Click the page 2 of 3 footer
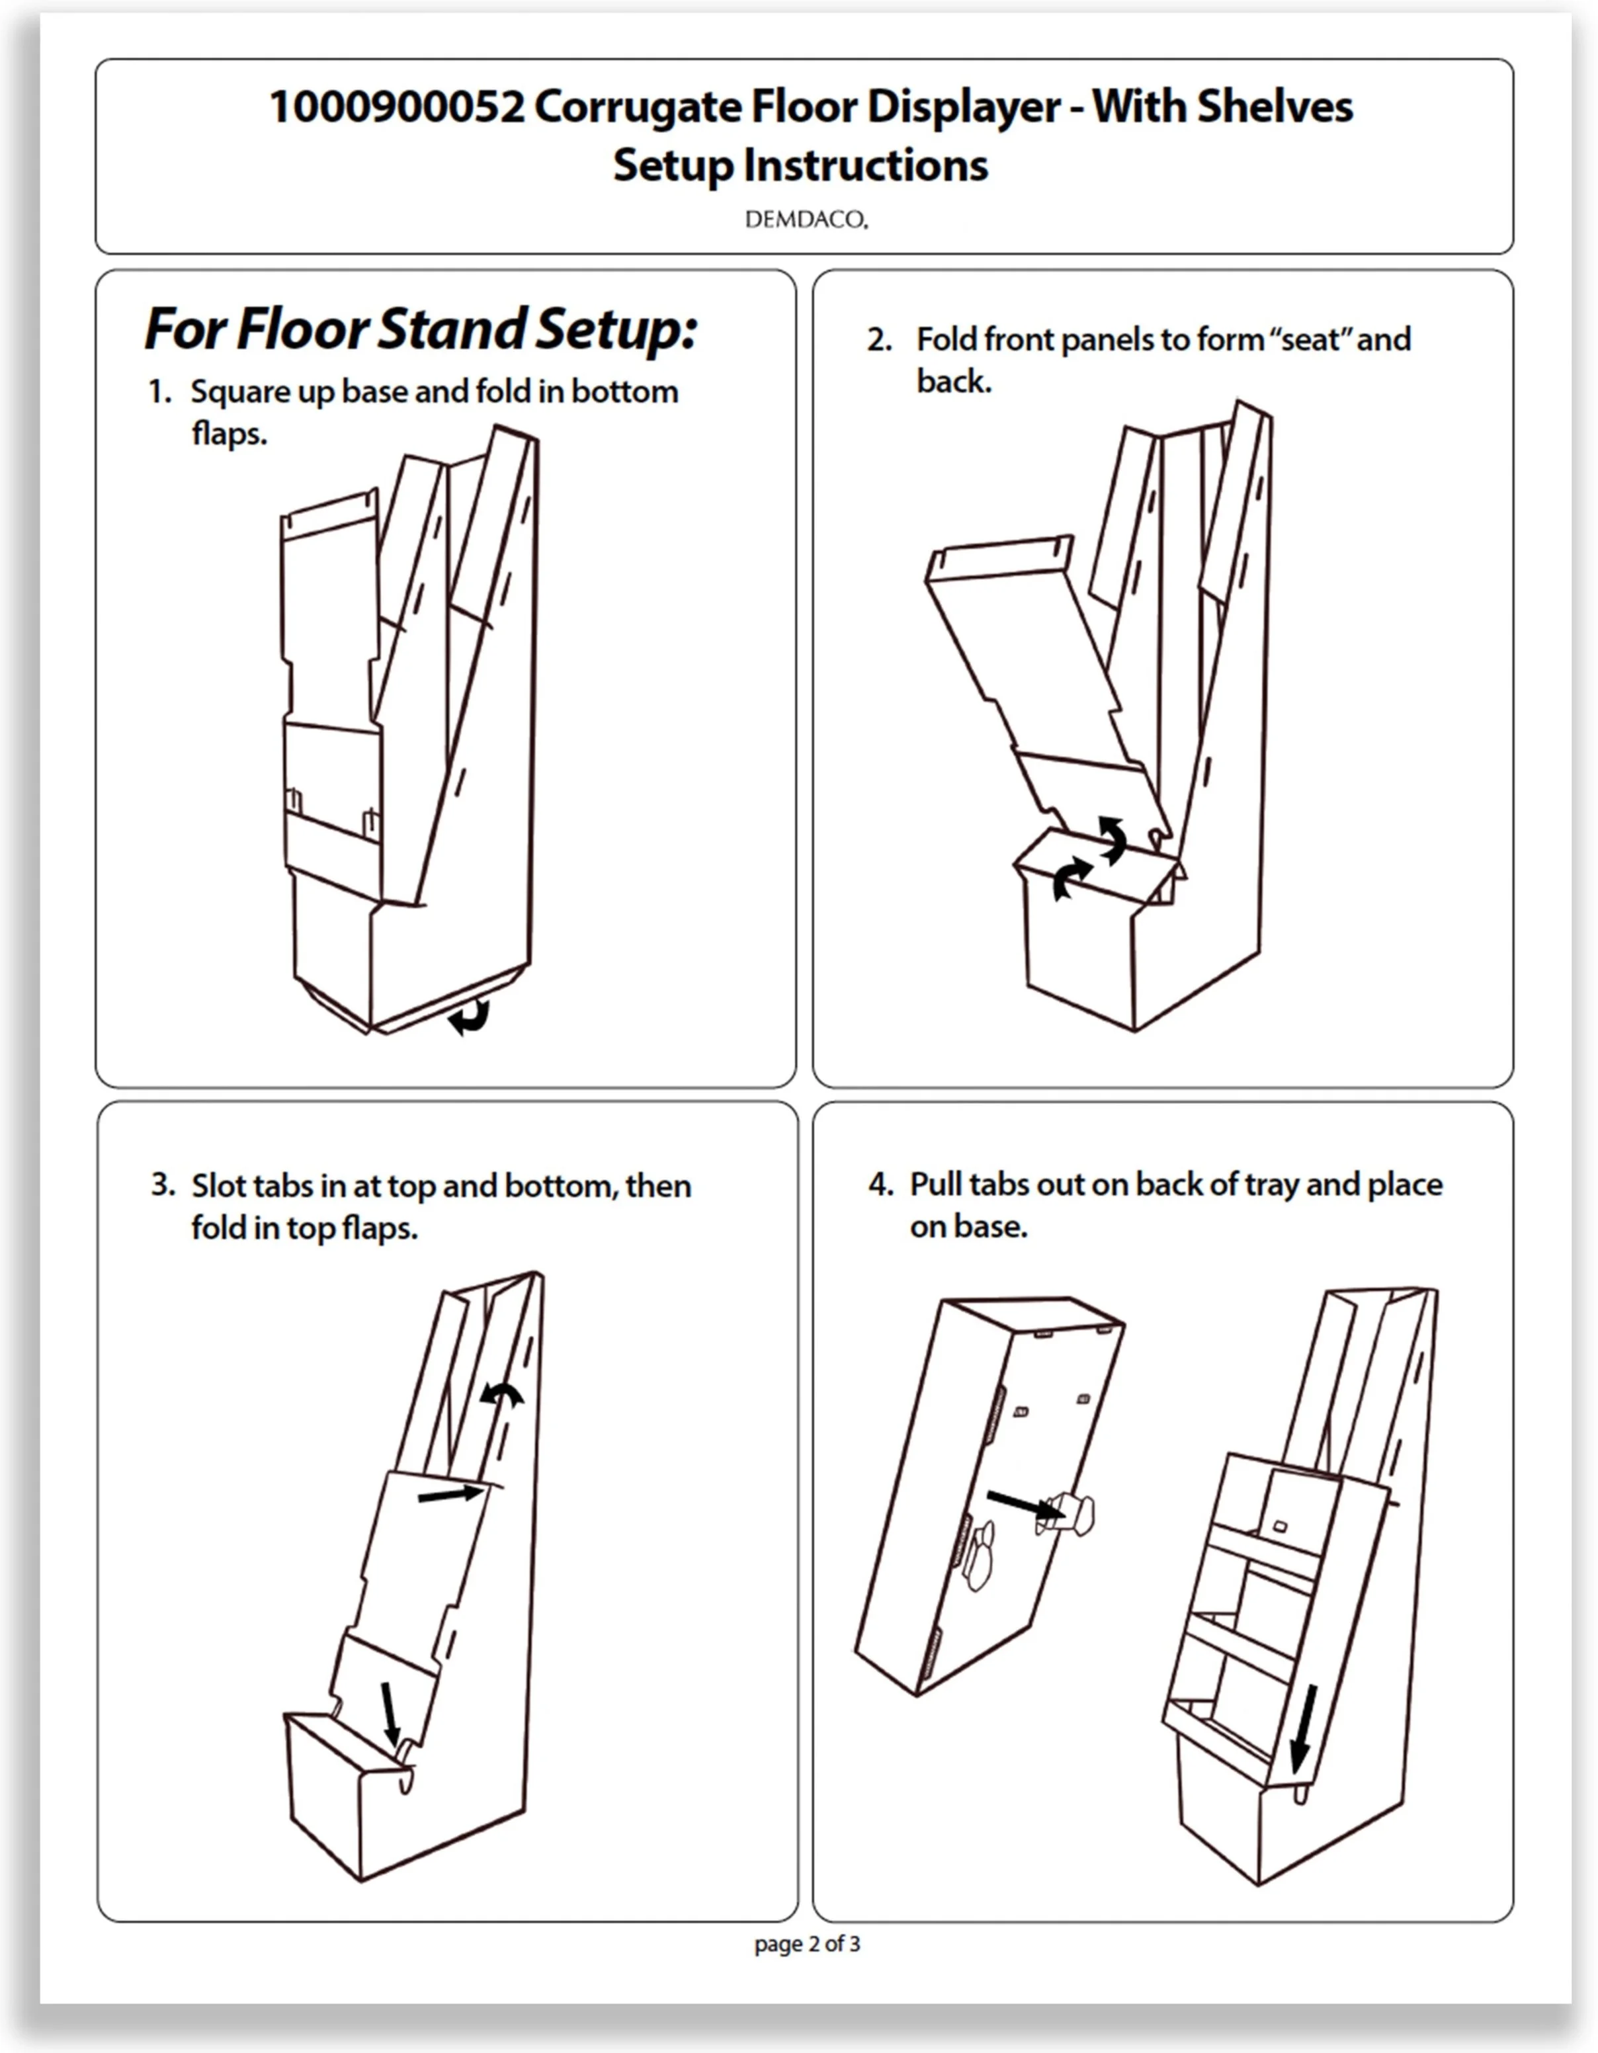(x=806, y=1944)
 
